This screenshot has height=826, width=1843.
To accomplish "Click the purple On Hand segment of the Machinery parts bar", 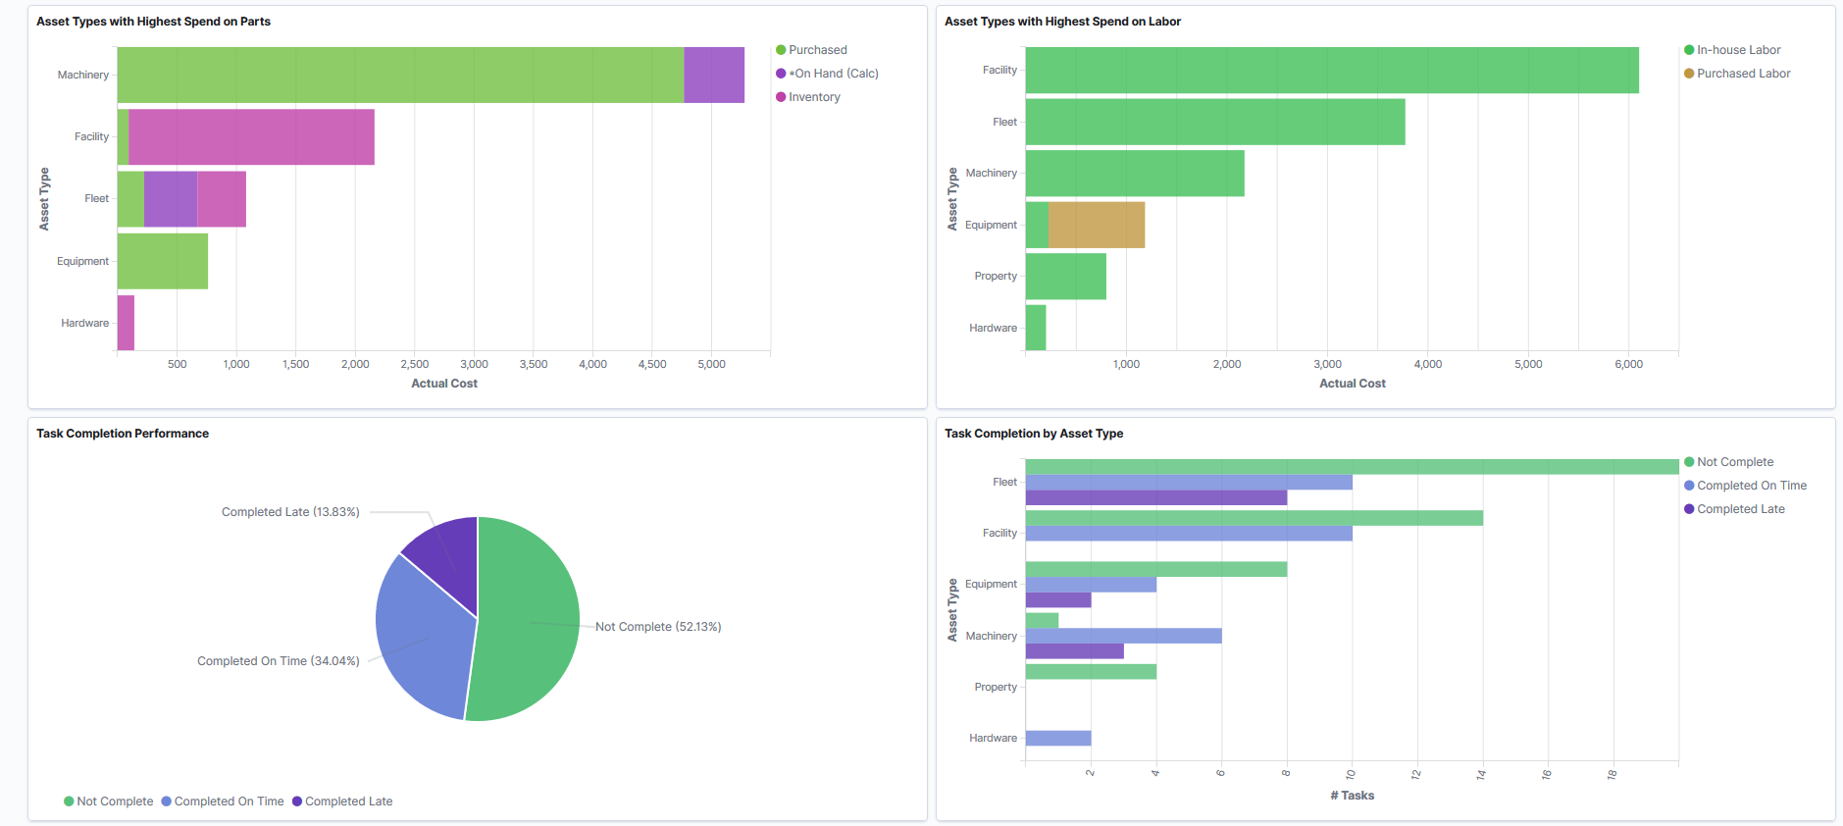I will coord(714,75).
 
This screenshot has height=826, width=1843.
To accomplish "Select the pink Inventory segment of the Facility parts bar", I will coord(251,136).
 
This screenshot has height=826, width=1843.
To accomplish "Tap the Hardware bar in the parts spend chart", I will coord(126,323).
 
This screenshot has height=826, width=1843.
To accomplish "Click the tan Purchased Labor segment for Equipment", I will coord(1097,225).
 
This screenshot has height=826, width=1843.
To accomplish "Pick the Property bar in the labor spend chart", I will coord(1065,277).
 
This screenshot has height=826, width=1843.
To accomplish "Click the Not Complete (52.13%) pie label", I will coord(657,627).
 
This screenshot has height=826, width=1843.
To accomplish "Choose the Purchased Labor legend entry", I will coord(1743,74).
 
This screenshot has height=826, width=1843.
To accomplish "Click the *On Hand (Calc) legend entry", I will coord(833,74).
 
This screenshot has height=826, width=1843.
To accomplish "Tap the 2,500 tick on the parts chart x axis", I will coord(415,364).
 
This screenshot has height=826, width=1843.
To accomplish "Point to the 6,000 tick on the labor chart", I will coord(1628,364).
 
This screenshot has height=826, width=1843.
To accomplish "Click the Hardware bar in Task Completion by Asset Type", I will coord(1058,738).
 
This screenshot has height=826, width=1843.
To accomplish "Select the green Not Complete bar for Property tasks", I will coord(1091,672).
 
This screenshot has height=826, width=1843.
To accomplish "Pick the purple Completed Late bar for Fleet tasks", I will coord(1155,498).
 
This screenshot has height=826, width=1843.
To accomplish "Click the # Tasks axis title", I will coord(1352,796).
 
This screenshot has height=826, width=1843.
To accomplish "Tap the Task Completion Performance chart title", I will coord(123,434).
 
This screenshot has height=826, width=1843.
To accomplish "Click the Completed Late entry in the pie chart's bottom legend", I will coord(348,801).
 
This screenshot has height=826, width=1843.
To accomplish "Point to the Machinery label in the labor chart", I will coord(991,173).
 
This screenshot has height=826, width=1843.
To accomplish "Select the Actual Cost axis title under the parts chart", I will coord(444,384).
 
